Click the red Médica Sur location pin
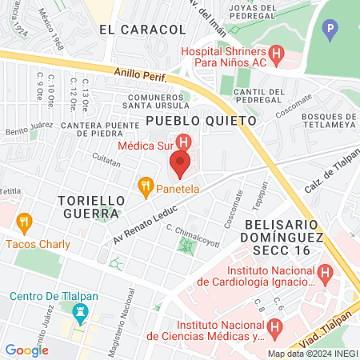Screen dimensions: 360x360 point(179,164)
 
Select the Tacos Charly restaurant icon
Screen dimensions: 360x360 point(24,222)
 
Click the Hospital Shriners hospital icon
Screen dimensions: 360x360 point(278,56)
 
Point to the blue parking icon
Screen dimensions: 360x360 point(330,32)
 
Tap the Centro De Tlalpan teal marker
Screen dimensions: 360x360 point(79,311)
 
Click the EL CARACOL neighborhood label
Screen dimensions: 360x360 point(142,30)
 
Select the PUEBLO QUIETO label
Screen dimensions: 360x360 point(201,120)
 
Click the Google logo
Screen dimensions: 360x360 point(26,350)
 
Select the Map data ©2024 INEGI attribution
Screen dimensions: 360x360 point(311,354)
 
